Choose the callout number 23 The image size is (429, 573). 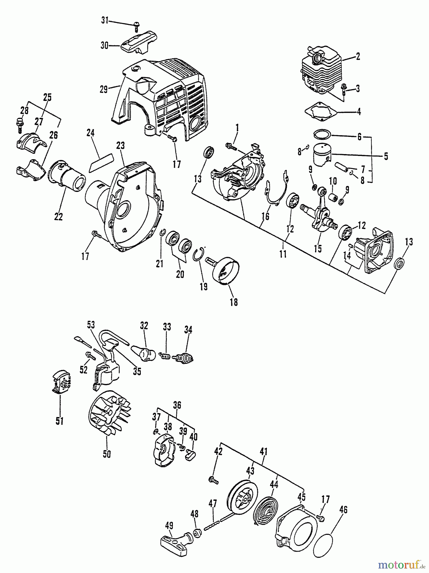120,146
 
